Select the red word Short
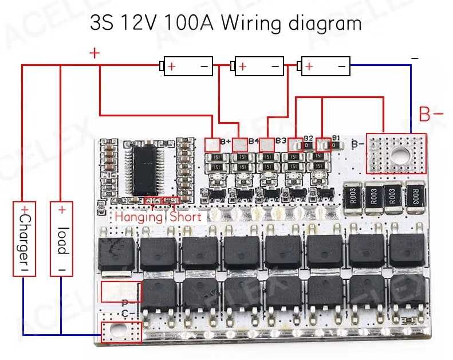click(186, 217)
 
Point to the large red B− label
click(431, 114)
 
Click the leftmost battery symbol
click(187, 66)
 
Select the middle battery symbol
click(258, 66)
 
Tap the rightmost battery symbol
click(325, 66)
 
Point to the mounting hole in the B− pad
click(400, 153)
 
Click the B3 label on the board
click(281, 140)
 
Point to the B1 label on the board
click(336, 138)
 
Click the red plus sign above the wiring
click(94, 53)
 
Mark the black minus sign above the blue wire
click(415, 58)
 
